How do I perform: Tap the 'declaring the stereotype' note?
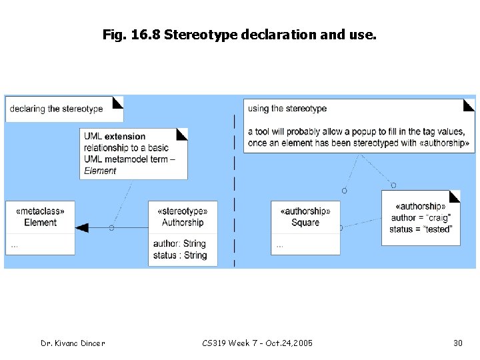[64, 109]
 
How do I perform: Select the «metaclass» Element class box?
[41, 227]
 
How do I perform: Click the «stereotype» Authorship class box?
[183, 233]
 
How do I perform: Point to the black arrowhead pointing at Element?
[82, 228]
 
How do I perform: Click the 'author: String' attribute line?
[179, 243]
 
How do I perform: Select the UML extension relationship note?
[133, 153]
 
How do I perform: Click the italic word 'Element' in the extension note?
[100, 171]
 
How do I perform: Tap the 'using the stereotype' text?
[287, 109]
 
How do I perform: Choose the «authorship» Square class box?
[305, 227]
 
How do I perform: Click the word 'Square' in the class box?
[305, 223]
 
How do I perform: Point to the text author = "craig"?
[421, 218]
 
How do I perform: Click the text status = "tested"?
[420, 229]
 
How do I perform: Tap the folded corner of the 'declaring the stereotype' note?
[117, 102]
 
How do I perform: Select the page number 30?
[458, 343]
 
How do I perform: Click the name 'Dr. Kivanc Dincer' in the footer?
[73, 343]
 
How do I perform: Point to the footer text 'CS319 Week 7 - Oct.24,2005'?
[257, 343]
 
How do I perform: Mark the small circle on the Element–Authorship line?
[111, 228]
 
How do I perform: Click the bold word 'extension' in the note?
[125, 137]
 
